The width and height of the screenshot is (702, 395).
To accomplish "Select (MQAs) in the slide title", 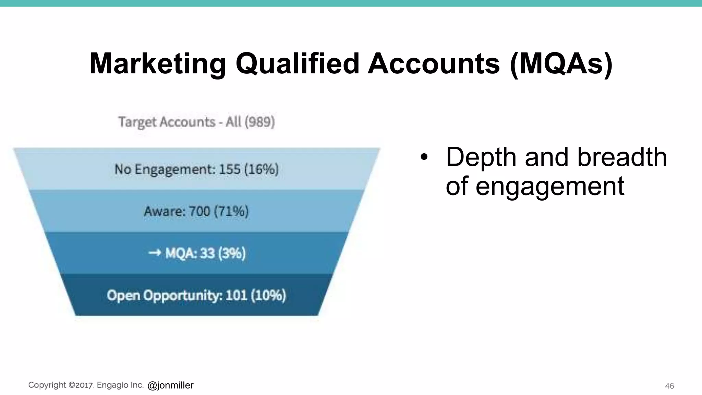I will tap(561, 64).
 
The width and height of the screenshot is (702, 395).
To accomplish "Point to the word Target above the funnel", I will tap(137, 122).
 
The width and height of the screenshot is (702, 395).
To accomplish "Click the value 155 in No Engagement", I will tap(230, 169).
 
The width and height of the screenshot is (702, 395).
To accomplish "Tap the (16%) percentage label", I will tap(261, 169).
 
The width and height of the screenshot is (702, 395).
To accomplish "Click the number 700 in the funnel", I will tap(199, 211).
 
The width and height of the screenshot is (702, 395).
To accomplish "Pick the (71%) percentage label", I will tap(231, 211).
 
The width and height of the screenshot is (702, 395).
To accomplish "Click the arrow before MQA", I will tap(155, 253).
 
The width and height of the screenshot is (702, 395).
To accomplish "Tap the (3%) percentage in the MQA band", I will tap(232, 253).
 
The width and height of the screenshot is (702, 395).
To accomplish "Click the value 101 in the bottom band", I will tap(237, 295).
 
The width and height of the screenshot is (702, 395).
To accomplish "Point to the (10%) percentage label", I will tap(268, 295).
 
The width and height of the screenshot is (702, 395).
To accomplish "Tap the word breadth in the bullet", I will tap(622, 157).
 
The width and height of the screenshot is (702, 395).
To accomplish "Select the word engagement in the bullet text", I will tap(550, 186).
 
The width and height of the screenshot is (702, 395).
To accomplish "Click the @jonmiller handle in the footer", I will tap(171, 385).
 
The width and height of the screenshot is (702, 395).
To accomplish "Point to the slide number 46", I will tap(669, 386).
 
